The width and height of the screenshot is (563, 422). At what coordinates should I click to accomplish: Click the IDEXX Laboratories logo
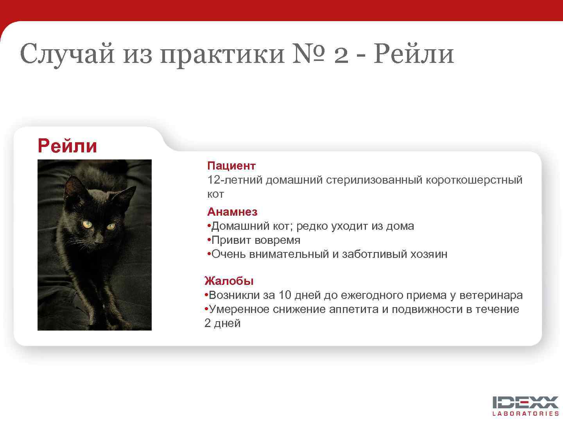tap(525, 406)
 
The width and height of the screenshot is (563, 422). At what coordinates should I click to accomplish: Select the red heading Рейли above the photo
tap(67, 146)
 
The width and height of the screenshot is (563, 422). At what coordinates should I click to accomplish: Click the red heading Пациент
tap(231, 166)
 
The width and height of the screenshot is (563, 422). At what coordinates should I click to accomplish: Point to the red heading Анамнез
tap(232, 212)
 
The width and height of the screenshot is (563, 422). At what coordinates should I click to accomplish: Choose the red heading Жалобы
tap(229, 281)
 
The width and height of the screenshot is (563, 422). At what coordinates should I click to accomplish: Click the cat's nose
tap(99, 240)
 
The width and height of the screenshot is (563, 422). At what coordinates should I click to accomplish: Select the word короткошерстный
tap(473, 180)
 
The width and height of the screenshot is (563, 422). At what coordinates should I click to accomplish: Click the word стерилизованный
tap(374, 180)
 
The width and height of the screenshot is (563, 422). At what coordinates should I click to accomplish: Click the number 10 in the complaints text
tap(283, 295)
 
